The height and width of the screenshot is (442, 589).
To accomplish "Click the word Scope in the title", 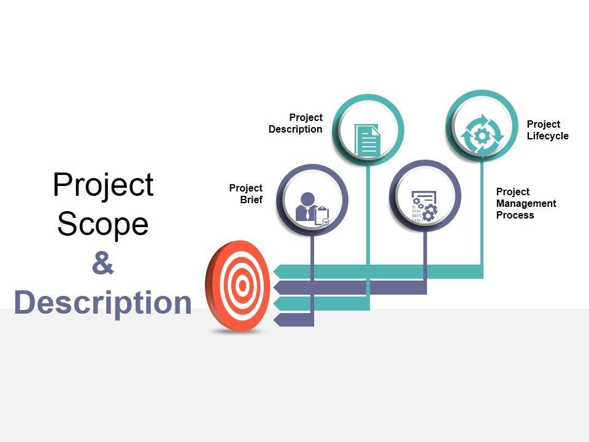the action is (103, 224).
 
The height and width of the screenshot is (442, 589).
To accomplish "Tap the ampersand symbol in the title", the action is (102, 264).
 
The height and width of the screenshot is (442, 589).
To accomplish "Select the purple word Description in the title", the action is (102, 303).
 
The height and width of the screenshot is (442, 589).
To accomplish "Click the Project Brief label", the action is (246, 194).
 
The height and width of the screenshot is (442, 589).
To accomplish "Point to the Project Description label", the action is (296, 123).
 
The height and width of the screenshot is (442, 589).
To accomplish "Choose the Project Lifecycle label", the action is (547, 130).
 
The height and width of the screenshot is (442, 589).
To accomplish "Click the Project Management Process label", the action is (526, 203).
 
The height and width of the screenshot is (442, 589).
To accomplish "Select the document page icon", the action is (368, 139).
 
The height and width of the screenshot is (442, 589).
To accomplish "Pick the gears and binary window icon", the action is (425, 204).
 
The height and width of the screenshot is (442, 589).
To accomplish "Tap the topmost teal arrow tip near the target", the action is (278, 271).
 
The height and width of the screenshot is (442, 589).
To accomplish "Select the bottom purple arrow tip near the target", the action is (278, 319).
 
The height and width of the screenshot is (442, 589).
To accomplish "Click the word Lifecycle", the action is (547, 136).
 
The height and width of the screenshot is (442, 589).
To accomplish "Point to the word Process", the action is (515, 215).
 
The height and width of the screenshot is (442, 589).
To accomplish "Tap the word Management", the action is (526, 203).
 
